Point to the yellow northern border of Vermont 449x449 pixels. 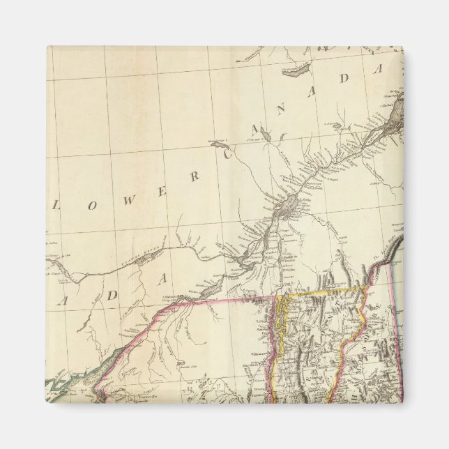(x=321, y=291)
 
